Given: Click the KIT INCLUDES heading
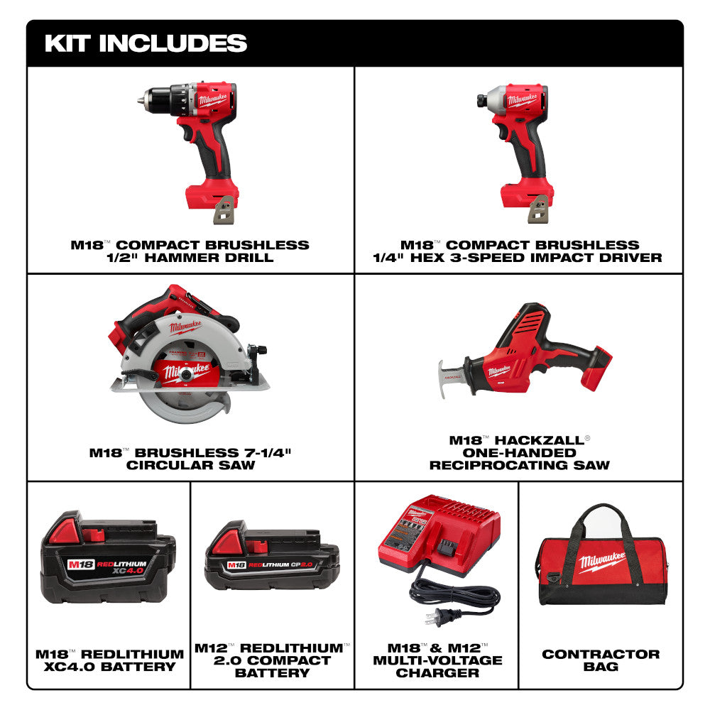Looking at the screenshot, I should point(146,43).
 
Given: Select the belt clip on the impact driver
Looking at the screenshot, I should point(540,208).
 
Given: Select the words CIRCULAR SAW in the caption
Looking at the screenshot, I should point(190,465).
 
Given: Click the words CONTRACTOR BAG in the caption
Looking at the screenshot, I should point(601,660).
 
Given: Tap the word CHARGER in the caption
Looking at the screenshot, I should point(437,672).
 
